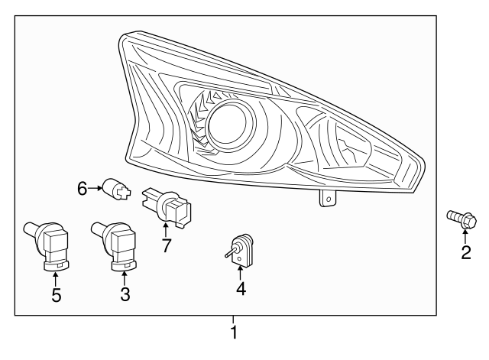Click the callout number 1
[x=235, y=333]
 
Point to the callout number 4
[x=241, y=289]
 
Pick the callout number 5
[x=56, y=294]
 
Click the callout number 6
[x=83, y=186]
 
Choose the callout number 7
[x=166, y=245]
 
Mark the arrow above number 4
[x=241, y=272]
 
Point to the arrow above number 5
[x=56, y=277]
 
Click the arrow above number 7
[x=165, y=229]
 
